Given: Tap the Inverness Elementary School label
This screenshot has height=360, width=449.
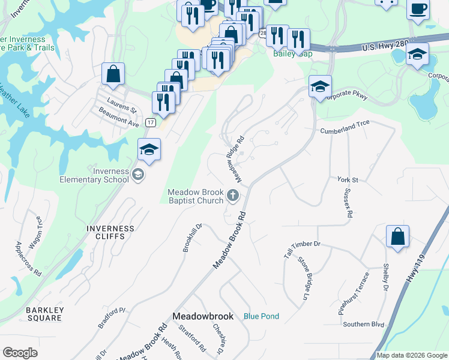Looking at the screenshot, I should pyautogui.click(x=94, y=175).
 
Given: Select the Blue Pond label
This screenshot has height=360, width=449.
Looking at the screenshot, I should pyautogui.click(x=261, y=316).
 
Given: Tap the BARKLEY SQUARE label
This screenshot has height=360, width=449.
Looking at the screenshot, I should pyautogui.click(x=44, y=314).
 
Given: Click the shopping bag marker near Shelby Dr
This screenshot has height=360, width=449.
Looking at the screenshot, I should pyautogui.click(x=397, y=236).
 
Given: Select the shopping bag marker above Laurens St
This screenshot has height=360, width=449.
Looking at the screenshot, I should pyautogui.click(x=113, y=74).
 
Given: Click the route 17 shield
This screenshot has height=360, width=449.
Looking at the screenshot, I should pyautogui.click(x=151, y=122).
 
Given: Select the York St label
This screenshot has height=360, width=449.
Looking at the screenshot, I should pyautogui.click(x=347, y=179).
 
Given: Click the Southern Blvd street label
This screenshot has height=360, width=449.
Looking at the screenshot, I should pyautogui.click(x=363, y=324).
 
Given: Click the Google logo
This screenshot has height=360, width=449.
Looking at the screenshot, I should pyautogui.click(x=20, y=353).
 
